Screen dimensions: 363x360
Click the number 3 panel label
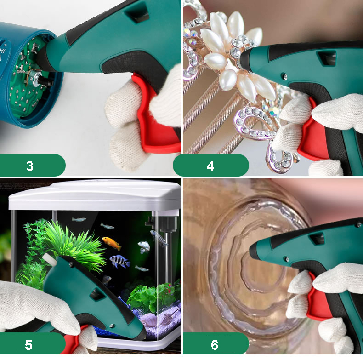[x=29, y=166]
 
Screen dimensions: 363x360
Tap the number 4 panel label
[x=210, y=166]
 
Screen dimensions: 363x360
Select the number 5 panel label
[x=28, y=345]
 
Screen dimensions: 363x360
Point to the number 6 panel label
[x=215, y=345]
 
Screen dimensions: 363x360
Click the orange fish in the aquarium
[x=112, y=243]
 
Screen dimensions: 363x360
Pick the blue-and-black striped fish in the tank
[x=119, y=261]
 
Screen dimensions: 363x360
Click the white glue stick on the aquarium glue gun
[x=50, y=259]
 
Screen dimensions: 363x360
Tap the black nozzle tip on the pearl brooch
[x=245, y=58]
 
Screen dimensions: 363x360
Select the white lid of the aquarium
[x=95, y=195]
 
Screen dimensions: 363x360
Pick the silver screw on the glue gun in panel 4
[x=285, y=76]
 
